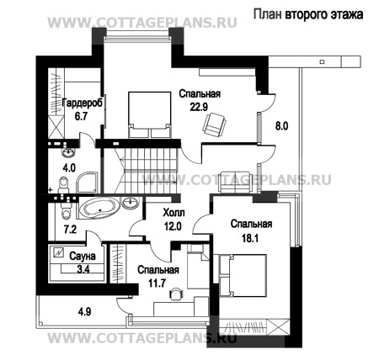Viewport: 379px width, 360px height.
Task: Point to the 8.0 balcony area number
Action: [x=281, y=127]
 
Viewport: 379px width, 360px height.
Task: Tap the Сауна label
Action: [x=83, y=256]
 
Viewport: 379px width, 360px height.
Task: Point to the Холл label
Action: [x=173, y=214]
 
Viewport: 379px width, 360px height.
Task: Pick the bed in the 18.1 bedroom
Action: [x=241, y=278]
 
